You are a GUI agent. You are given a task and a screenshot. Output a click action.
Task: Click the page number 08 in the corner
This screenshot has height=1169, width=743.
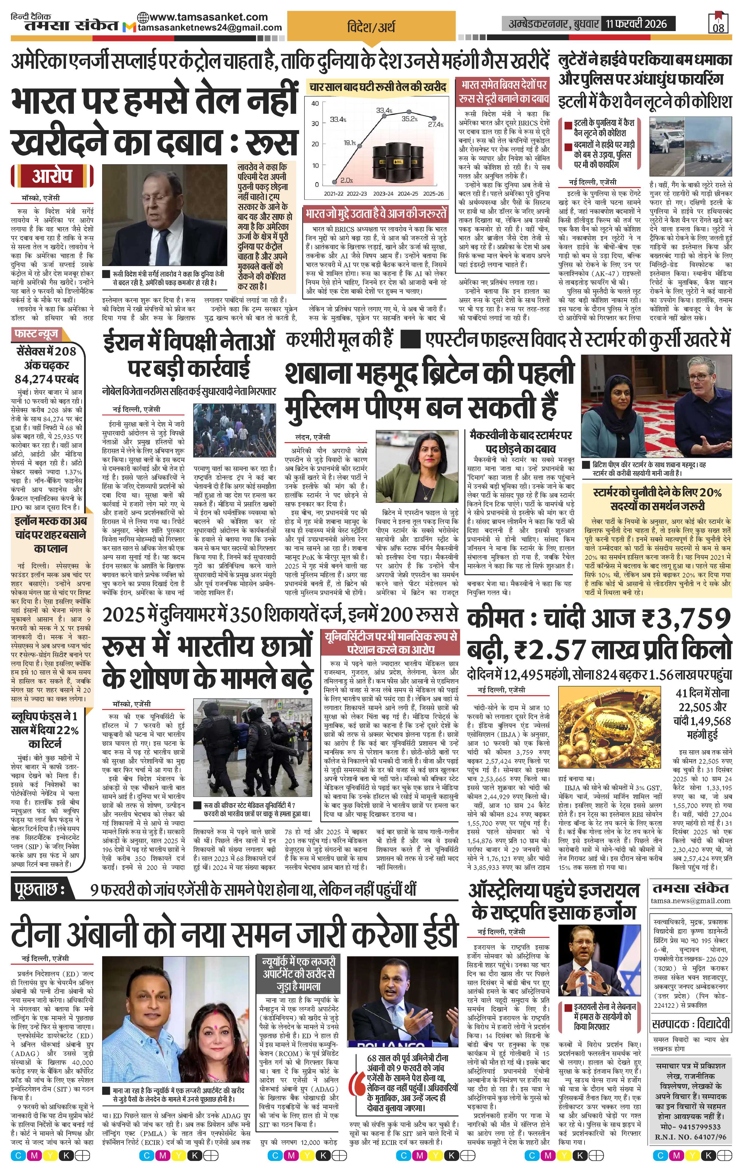[x=718, y=27]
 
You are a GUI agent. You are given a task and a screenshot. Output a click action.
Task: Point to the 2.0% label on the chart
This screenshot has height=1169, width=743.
[x=346, y=180]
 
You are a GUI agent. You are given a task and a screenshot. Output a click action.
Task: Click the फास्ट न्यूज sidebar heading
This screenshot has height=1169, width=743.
[x=36, y=334]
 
